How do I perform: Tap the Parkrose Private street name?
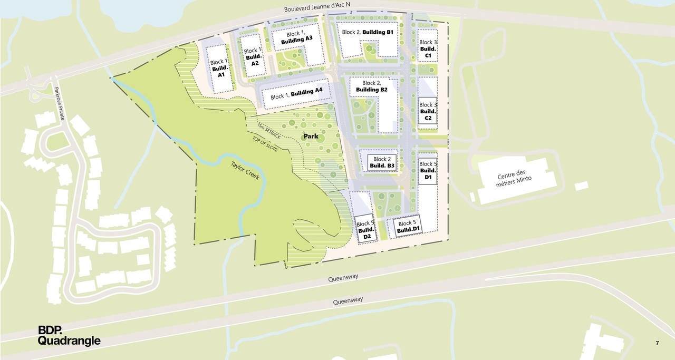59,103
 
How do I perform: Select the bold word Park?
310,137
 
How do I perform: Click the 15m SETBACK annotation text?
269,129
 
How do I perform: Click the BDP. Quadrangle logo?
69,335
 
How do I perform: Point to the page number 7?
657,343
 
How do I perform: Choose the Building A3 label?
296,36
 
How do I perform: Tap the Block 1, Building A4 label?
296,94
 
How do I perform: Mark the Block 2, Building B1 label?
368,32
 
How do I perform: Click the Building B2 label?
372,86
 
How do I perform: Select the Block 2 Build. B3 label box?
382,162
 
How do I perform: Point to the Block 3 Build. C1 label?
428,48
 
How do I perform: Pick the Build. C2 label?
428,111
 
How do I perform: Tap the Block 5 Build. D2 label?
367,230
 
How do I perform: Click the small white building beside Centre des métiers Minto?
581,186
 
